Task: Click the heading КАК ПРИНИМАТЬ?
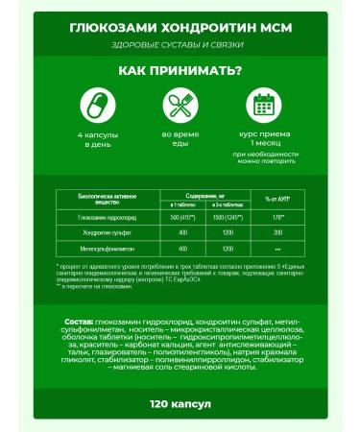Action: click(x=180, y=71)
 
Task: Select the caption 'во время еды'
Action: click(x=180, y=139)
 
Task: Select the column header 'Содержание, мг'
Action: click(x=202, y=194)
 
